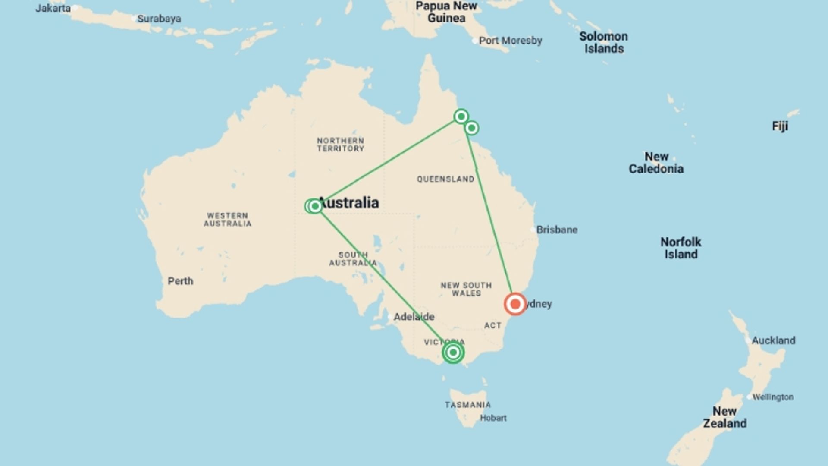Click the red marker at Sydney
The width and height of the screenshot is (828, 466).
tap(515, 304)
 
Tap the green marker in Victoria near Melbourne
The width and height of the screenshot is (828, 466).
tap(453, 353)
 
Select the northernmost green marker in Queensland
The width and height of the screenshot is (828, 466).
tap(461, 116)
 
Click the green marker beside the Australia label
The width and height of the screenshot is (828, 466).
tap(315, 206)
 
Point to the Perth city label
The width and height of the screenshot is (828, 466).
tap(180, 281)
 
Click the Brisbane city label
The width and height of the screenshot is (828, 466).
tap(557, 230)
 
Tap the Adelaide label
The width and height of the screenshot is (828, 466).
tap(414, 317)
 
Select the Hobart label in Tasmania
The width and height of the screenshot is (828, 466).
tap(493, 418)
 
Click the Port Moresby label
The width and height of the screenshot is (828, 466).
tap(510, 41)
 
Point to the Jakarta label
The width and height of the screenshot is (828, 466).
tap(53, 8)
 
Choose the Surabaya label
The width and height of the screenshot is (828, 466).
tap(159, 19)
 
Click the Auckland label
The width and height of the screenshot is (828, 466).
tap(773, 340)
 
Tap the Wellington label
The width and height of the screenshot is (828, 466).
tap(773, 397)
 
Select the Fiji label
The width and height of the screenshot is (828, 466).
tap(780, 126)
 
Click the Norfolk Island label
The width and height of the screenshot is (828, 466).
tap(681, 248)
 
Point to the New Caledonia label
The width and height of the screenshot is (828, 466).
tap(656, 163)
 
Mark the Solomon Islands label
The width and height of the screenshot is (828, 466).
tap(603, 42)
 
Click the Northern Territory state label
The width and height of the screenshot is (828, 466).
tap(340, 145)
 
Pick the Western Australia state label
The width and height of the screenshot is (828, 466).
tap(227, 220)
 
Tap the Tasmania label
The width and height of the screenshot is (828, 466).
tap(467, 405)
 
